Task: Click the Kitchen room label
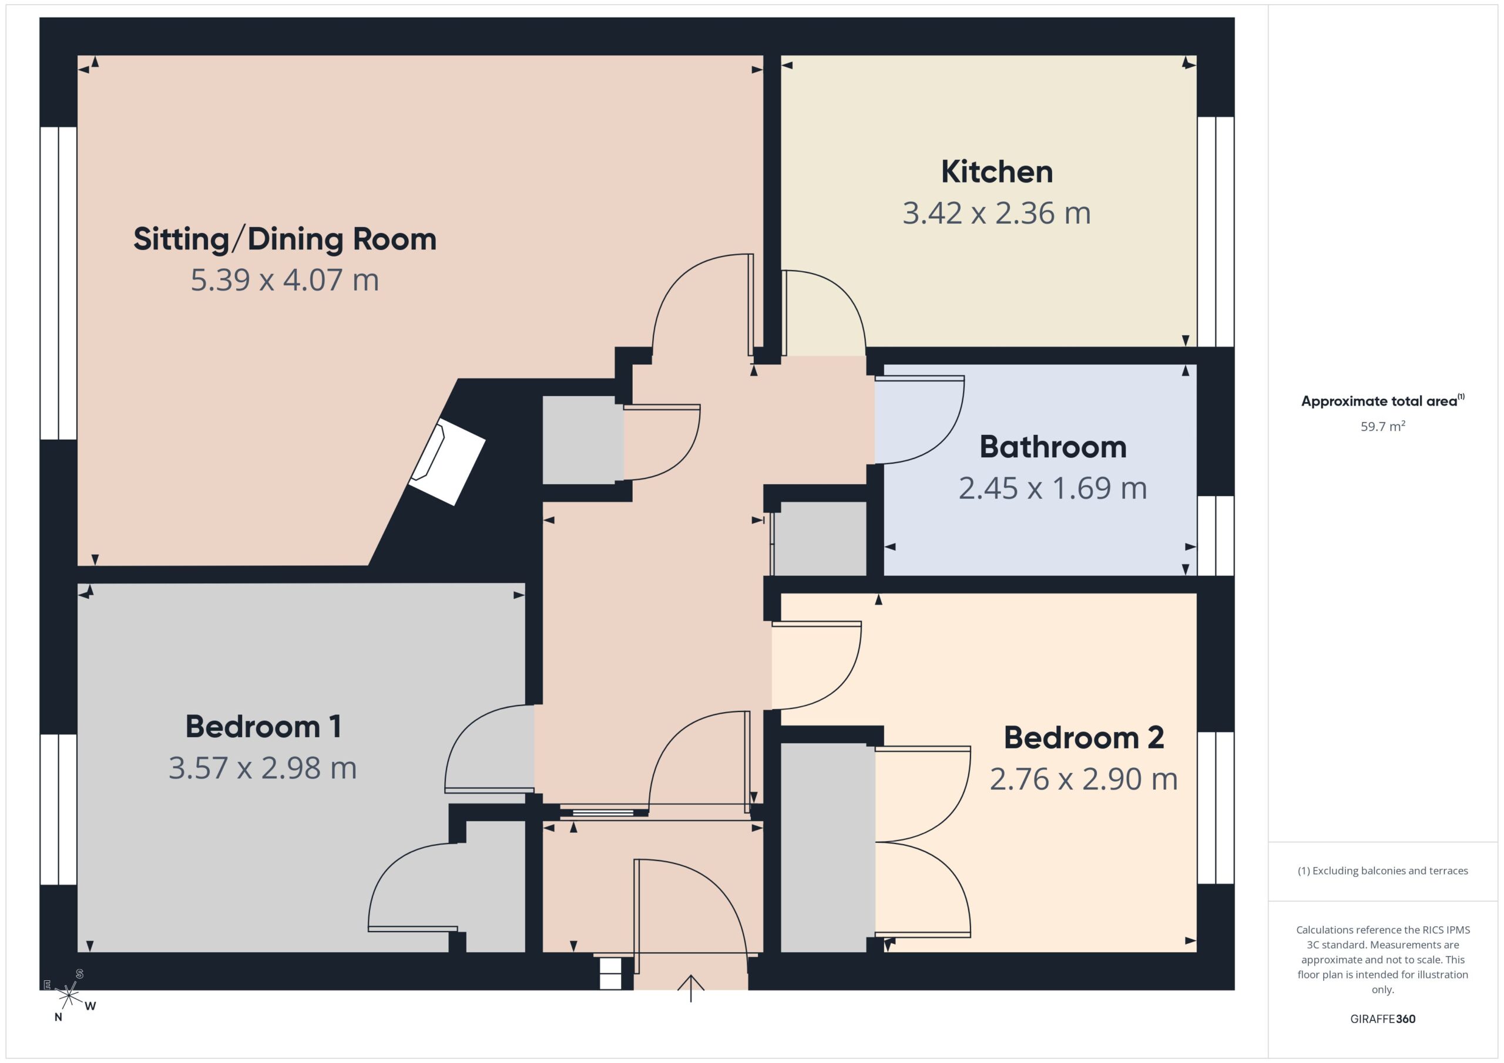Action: [x=996, y=171]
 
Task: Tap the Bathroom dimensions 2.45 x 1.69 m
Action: [x=1053, y=488]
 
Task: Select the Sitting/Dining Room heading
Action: [x=285, y=239]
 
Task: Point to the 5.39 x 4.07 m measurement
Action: [x=285, y=280]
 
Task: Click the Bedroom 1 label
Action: [x=263, y=727]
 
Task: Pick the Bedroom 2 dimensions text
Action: [x=1083, y=779]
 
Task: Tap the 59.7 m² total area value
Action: [x=1383, y=426]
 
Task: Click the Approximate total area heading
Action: [x=1383, y=400]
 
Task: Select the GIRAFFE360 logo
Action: [x=1383, y=1018]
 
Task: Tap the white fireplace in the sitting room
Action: [x=446, y=461]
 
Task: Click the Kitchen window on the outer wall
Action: [x=1216, y=232]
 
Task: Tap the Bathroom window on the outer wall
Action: [x=1216, y=535]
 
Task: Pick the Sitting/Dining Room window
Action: [x=59, y=283]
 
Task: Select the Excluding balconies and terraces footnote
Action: [x=1383, y=870]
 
